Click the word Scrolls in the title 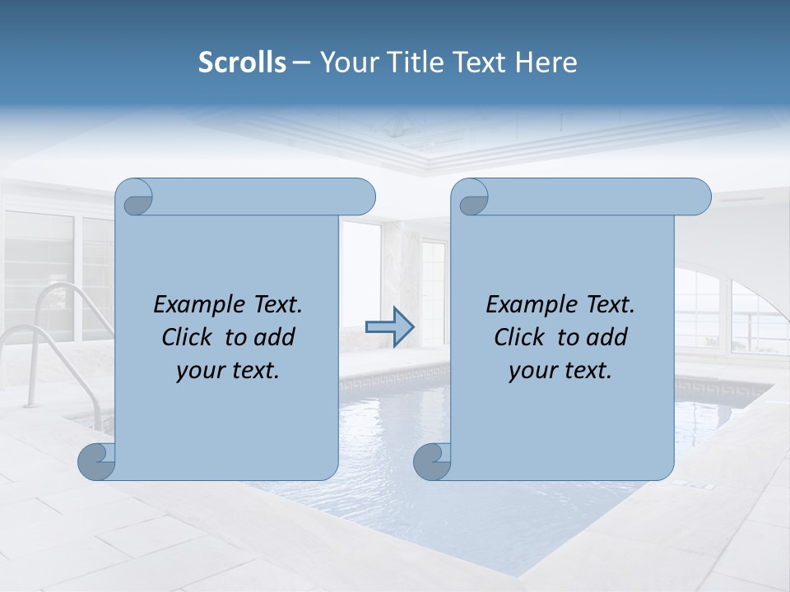(242, 62)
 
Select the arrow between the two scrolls (389, 327)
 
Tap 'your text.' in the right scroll (560, 370)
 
